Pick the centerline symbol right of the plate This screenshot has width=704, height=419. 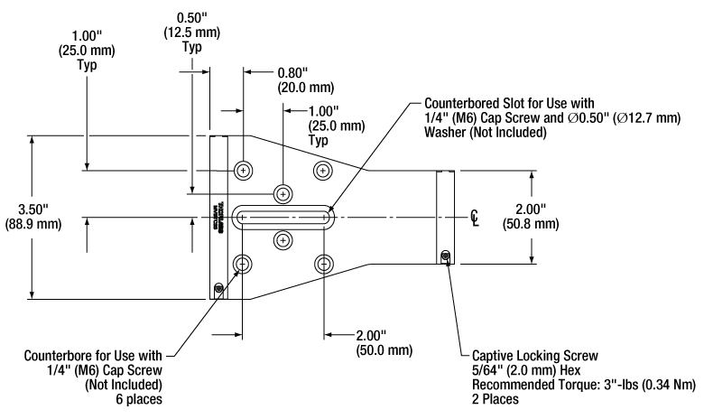pyautogui.click(x=474, y=217)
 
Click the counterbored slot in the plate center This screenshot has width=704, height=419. pyautogui.click(x=283, y=217)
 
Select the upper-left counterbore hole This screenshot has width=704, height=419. pyautogui.click(x=244, y=170)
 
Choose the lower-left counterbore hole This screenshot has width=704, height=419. pyautogui.click(x=244, y=264)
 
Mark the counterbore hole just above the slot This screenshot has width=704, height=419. pyautogui.click(x=283, y=193)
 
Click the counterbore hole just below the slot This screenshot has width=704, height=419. pyautogui.click(x=283, y=240)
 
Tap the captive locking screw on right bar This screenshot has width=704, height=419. pyautogui.click(x=445, y=257)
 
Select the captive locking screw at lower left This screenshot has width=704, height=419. pyautogui.click(x=218, y=288)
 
